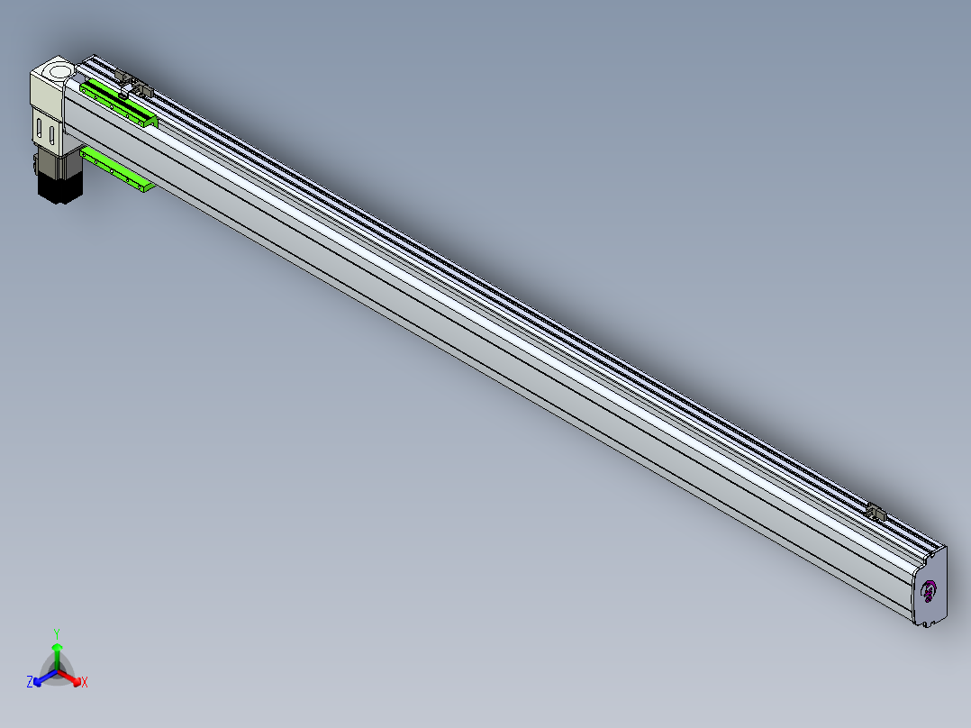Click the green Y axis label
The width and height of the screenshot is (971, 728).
(57, 633)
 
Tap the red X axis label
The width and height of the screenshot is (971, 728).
(85, 682)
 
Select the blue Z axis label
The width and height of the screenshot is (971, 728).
(30, 681)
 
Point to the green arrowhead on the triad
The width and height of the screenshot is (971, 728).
(57, 646)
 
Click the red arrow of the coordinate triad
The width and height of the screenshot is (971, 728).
(68, 677)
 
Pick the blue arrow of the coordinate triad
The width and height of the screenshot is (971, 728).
(45, 677)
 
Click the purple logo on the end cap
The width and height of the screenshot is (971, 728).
(929, 592)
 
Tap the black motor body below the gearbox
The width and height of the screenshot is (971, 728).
(60, 187)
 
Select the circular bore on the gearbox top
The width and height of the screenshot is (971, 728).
(59, 70)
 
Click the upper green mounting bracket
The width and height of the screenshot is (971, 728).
(118, 105)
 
